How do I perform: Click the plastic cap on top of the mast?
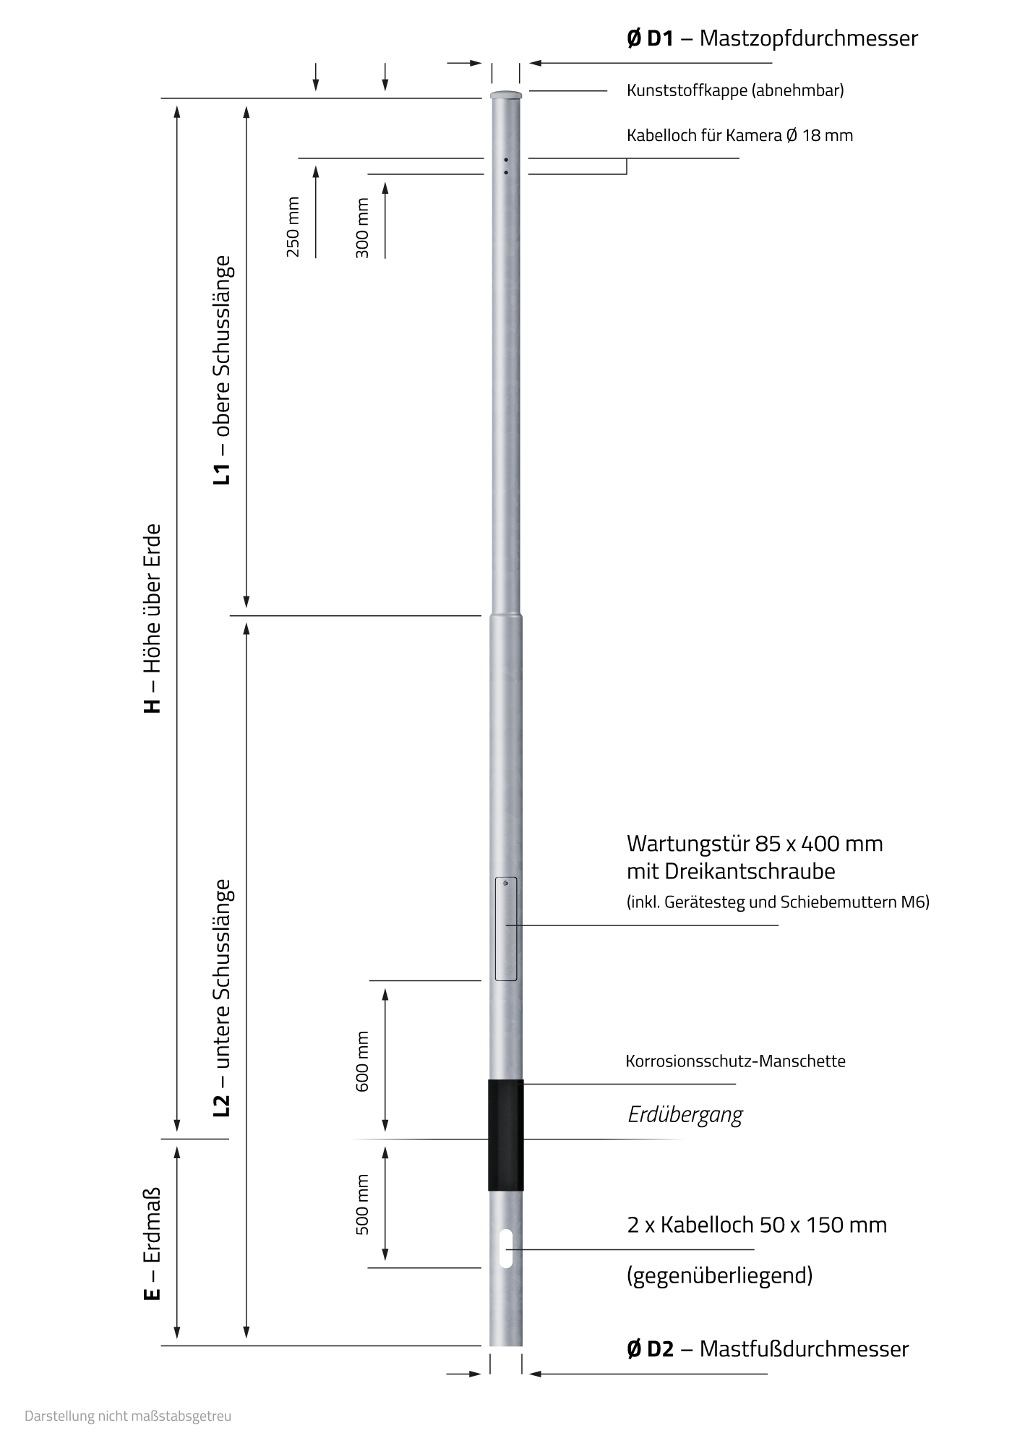coord(505,95)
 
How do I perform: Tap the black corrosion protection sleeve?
coord(505,1134)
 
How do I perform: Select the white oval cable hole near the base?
coord(506,1247)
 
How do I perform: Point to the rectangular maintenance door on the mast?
coord(506,929)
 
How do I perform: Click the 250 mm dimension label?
coord(293,226)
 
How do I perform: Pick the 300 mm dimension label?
coord(362,228)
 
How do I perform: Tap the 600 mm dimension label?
coord(362,1061)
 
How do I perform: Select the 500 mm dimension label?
coord(362,1205)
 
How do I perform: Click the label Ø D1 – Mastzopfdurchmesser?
coord(772,38)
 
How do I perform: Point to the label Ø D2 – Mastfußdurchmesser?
coord(768,1349)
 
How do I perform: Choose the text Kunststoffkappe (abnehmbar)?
coord(735,90)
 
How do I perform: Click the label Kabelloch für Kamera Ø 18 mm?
coord(739,135)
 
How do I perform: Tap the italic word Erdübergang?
coord(685,1115)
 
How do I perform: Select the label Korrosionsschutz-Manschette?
coord(735,1061)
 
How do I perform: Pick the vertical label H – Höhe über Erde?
coord(153,619)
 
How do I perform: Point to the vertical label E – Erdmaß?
coord(153,1244)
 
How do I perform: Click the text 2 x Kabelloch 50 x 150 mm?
coord(757,1225)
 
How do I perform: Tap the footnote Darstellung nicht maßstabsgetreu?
coord(128,1416)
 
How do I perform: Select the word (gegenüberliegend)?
coord(719,1275)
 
